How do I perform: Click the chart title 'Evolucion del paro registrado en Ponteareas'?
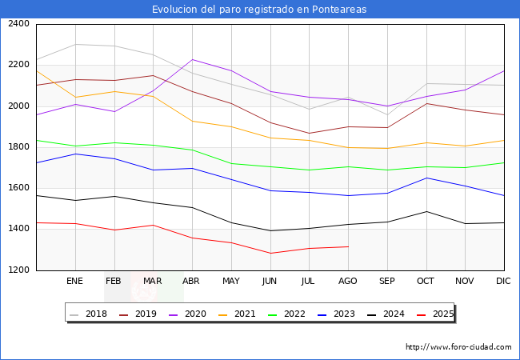[260, 9]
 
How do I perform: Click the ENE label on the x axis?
[74, 281]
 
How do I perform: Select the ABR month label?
[191, 281]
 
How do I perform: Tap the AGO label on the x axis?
[348, 281]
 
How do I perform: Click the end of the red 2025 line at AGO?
[348, 246]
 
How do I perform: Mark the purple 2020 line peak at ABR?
[192, 59]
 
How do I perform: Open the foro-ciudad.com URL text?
[458, 347]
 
